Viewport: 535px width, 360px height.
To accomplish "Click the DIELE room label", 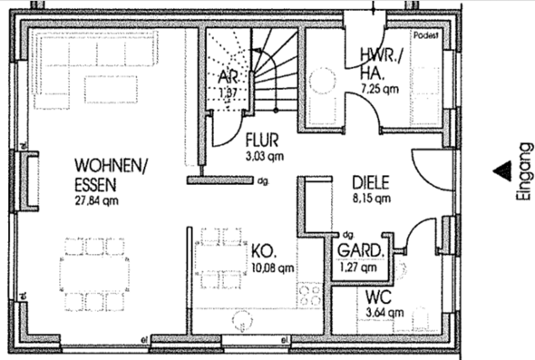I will point(371,180).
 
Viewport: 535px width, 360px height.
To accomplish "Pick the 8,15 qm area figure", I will point(371,196).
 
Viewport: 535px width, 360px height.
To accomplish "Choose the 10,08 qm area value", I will point(272,268).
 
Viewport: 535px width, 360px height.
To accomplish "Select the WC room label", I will point(378,297).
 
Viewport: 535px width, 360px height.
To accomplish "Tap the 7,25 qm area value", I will point(379,89).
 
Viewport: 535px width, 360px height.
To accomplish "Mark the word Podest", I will point(425,36).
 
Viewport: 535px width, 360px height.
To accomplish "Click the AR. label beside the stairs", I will point(226,79).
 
